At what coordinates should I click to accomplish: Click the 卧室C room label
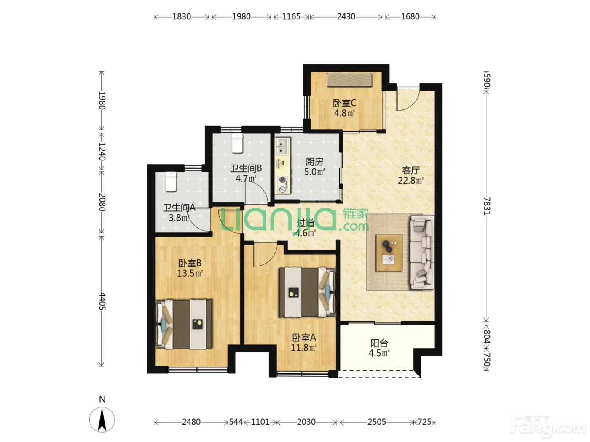tap(344, 103)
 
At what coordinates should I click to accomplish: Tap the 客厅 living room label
tap(411, 170)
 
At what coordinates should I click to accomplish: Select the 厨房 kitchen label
tap(314, 162)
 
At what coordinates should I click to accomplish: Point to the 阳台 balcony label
tap(379, 343)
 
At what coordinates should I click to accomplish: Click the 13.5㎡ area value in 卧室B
tap(190, 273)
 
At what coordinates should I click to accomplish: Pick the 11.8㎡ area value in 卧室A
tap(304, 348)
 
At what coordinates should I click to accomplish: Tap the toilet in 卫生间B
tap(237, 143)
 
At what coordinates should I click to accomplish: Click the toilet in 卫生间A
tap(171, 182)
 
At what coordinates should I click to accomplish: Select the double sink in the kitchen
tap(282, 147)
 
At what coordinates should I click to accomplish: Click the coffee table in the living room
tap(389, 253)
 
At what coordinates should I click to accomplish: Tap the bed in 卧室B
tap(184, 325)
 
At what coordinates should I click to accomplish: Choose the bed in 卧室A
tap(307, 292)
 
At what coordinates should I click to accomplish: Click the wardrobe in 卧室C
tap(349, 80)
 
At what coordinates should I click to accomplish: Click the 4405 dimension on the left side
tap(102, 301)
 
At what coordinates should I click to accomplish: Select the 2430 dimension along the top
tap(346, 17)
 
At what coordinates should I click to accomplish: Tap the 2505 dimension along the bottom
tap(377, 422)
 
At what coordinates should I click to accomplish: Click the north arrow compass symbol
tap(102, 420)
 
